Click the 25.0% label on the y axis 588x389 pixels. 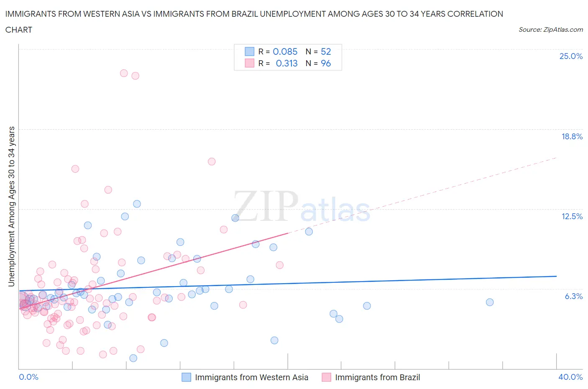[571, 56]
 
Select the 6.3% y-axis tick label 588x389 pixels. [573, 296]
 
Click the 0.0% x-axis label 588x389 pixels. [28, 377]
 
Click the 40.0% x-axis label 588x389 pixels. [570, 377]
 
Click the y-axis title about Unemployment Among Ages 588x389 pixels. [12, 206]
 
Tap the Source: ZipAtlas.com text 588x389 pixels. [550, 30]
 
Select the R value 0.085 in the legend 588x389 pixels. [285, 51]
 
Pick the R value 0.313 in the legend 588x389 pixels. [286, 63]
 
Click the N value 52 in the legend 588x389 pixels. [326, 51]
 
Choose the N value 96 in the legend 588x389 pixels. [326, 63]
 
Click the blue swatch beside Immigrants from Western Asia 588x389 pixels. [186, 377]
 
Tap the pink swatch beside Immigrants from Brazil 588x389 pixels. [326, 377]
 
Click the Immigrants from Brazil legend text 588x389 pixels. [377, 377]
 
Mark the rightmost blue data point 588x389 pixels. [490, 302]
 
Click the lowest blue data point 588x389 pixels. [133, 358]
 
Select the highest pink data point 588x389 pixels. [124, 73]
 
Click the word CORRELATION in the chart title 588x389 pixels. [475, 14]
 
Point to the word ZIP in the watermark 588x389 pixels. [266, 206]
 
